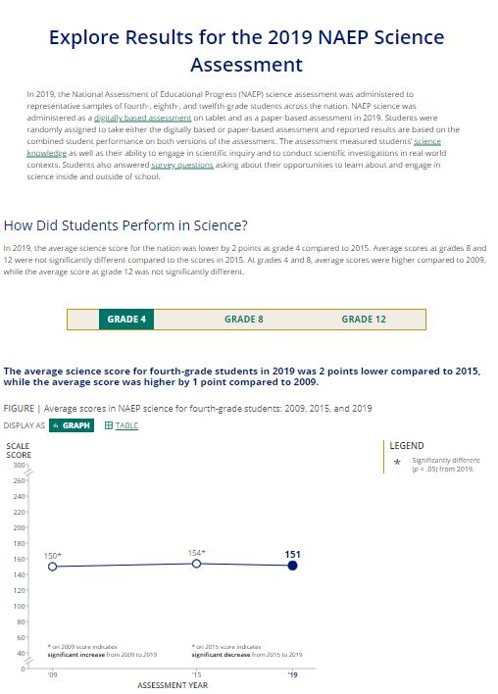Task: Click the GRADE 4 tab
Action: [126, 320]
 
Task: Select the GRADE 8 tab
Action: [244, 320]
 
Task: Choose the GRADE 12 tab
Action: [363, 320]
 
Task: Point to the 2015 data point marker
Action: [196, 563]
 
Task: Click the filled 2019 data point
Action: [292, 566]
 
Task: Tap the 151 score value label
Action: [292, 554]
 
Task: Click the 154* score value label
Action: [196, 553]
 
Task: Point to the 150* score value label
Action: [53, 556]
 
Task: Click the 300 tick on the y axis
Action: [19, 464]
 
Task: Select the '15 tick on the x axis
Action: [196, 675]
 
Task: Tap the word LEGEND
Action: [407, 445]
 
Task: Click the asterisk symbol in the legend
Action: [396, 463]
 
